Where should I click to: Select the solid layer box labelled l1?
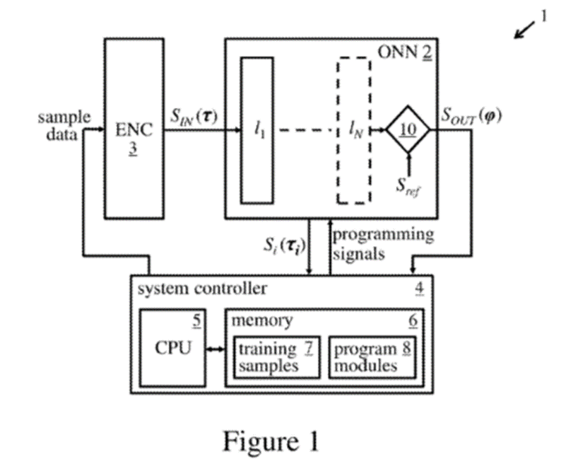click(257, 130)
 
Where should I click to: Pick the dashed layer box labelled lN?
click(353, 130)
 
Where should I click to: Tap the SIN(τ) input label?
click(193, 114)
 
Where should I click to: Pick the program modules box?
click(371, 357)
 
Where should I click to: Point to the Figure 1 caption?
click(271, 441)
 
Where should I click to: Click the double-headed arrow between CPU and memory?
click(215, 349)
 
